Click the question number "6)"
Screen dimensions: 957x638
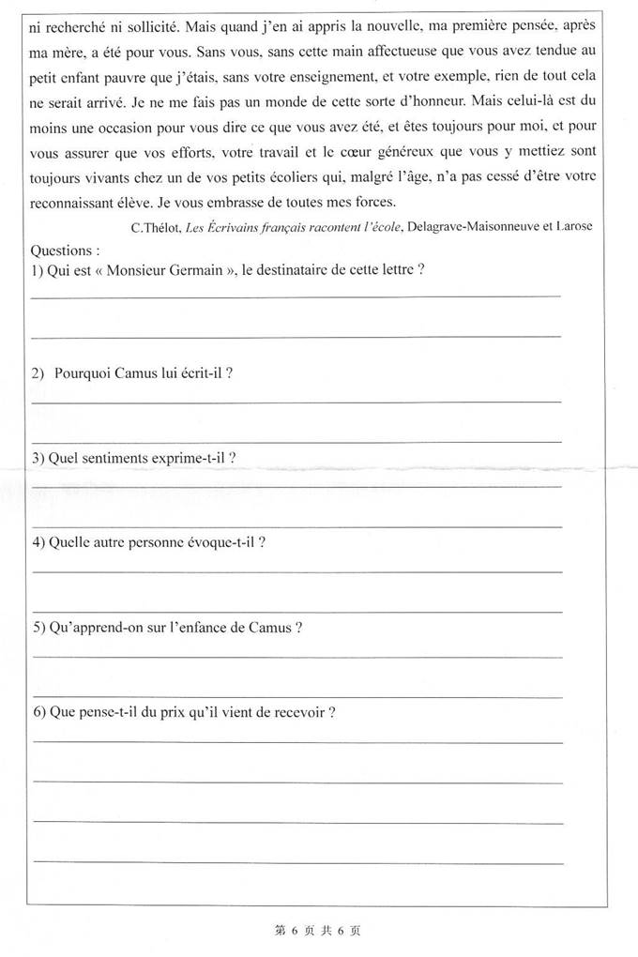coord(38,711)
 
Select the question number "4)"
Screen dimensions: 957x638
coord(38,542)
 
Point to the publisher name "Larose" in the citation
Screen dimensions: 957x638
coord(571,227)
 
